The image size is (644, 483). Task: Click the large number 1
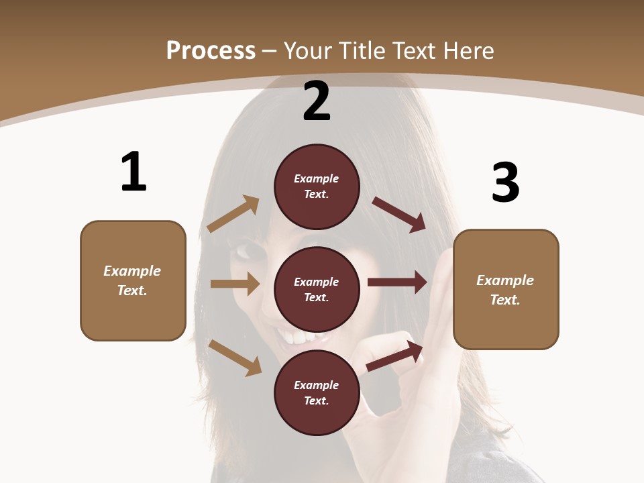click(x=133, y=172)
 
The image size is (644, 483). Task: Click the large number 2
click(x=317, y=102)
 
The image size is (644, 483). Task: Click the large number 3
click(x=505, y=183)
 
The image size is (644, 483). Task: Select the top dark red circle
click(x=317, y=186)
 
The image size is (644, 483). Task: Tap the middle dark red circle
click(x=317, y=289)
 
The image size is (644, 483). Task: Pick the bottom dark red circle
click(x=317, y=392)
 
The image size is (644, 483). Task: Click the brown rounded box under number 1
click(x=133, y=280)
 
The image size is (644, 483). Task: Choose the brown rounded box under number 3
click(x=506, y=289)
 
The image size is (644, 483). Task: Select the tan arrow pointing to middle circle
click(x=235, y=284)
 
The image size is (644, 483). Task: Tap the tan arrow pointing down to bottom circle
click(x=235, y=358)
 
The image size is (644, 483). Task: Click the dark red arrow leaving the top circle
click(x=399, y=214)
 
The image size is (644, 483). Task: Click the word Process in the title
click(x=211, y=50)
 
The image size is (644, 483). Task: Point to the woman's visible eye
click(x=245, y=252)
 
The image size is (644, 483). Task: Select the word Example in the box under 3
click(x=505, y=280)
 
